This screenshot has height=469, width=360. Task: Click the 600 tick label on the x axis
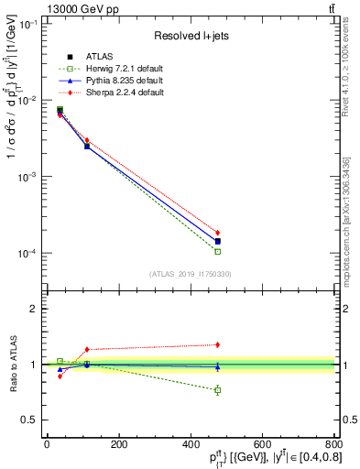262,443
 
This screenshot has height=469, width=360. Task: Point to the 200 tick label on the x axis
118,443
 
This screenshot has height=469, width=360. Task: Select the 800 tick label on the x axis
333,443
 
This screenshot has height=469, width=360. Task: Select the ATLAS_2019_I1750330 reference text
190,274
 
